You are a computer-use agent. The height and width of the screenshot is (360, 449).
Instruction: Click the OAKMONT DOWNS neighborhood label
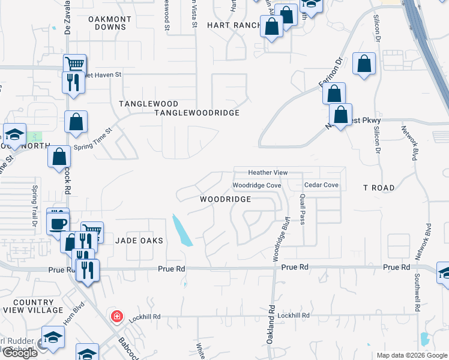coord(110,23)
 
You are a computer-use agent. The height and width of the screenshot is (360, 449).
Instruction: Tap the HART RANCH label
coord(234,25)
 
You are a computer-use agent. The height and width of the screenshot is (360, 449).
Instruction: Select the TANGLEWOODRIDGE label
coord(197,113)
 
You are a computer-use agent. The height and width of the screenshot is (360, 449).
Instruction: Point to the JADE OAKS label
coord(139,240)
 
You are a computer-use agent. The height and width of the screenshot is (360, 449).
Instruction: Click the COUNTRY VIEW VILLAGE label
coord(37,306)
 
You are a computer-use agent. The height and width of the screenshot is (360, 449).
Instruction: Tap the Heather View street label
coord(268,173)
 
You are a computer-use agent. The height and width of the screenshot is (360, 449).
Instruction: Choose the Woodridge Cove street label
coord(257,185)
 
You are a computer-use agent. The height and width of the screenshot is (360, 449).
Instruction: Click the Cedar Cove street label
coord(321,185)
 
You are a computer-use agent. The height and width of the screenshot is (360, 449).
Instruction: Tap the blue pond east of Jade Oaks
coord(182,230)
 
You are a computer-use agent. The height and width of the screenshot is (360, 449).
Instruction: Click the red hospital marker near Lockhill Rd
coord(115,316)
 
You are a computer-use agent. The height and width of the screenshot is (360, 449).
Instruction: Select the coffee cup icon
coord(58,224)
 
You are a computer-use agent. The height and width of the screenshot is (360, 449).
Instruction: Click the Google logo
coord(19,353)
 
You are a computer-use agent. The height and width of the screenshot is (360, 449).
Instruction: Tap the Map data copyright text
coord(411,355)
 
